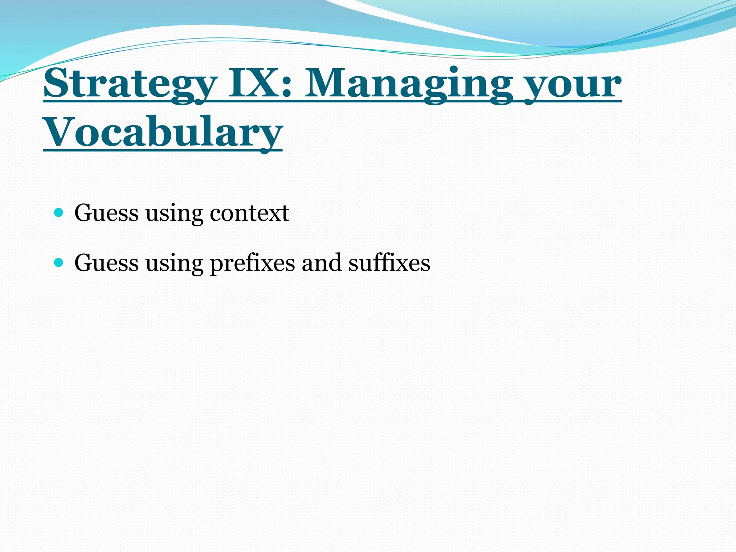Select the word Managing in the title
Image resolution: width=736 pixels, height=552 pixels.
[408, 85]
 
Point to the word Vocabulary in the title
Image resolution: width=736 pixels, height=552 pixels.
[162, 133]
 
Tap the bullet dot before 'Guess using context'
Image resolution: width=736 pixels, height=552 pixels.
[58, 213]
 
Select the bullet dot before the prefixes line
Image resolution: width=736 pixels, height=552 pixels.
[58, 263]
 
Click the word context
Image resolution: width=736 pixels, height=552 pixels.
[249, 213]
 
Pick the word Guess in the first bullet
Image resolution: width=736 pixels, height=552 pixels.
[106, 213]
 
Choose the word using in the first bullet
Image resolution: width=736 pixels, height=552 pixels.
[174, 215]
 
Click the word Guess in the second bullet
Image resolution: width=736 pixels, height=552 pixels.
[106, 263]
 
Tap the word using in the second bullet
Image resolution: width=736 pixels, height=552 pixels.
[174, 264]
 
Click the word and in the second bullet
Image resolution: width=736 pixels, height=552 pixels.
[321, 263]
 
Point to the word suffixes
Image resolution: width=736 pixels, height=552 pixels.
[389, 263]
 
